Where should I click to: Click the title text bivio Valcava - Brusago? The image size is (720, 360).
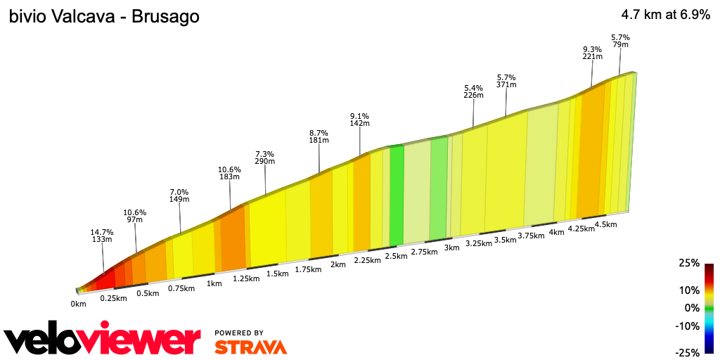(104, 16)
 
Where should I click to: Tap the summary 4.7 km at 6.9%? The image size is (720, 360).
(665, 15)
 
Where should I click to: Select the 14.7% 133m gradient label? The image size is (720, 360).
(102, 235)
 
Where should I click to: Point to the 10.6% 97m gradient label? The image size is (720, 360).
(134, 216)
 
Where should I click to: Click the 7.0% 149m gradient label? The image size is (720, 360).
(179, 195)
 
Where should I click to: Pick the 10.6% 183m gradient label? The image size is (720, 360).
(230, 173)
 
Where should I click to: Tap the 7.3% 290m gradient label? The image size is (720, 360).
(265, 157)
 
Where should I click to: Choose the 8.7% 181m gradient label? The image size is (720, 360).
(319, 136)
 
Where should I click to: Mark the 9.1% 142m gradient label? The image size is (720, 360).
(359, 119)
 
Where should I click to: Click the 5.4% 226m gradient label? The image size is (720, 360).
(474, 92)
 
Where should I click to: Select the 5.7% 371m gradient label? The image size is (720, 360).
(506, 81)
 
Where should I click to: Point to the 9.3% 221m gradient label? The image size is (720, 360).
(593, 53)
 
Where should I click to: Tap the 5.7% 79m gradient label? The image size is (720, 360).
(620, 41)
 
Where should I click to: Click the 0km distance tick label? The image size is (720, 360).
(78, 304)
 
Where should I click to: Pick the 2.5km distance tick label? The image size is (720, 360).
(397, 256)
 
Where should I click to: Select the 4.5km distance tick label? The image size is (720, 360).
(605, 224)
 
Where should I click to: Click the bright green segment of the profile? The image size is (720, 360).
(397, 193)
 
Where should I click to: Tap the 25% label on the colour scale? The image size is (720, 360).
(690, 263)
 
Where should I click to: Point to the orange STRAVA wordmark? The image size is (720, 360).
(250, 347)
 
